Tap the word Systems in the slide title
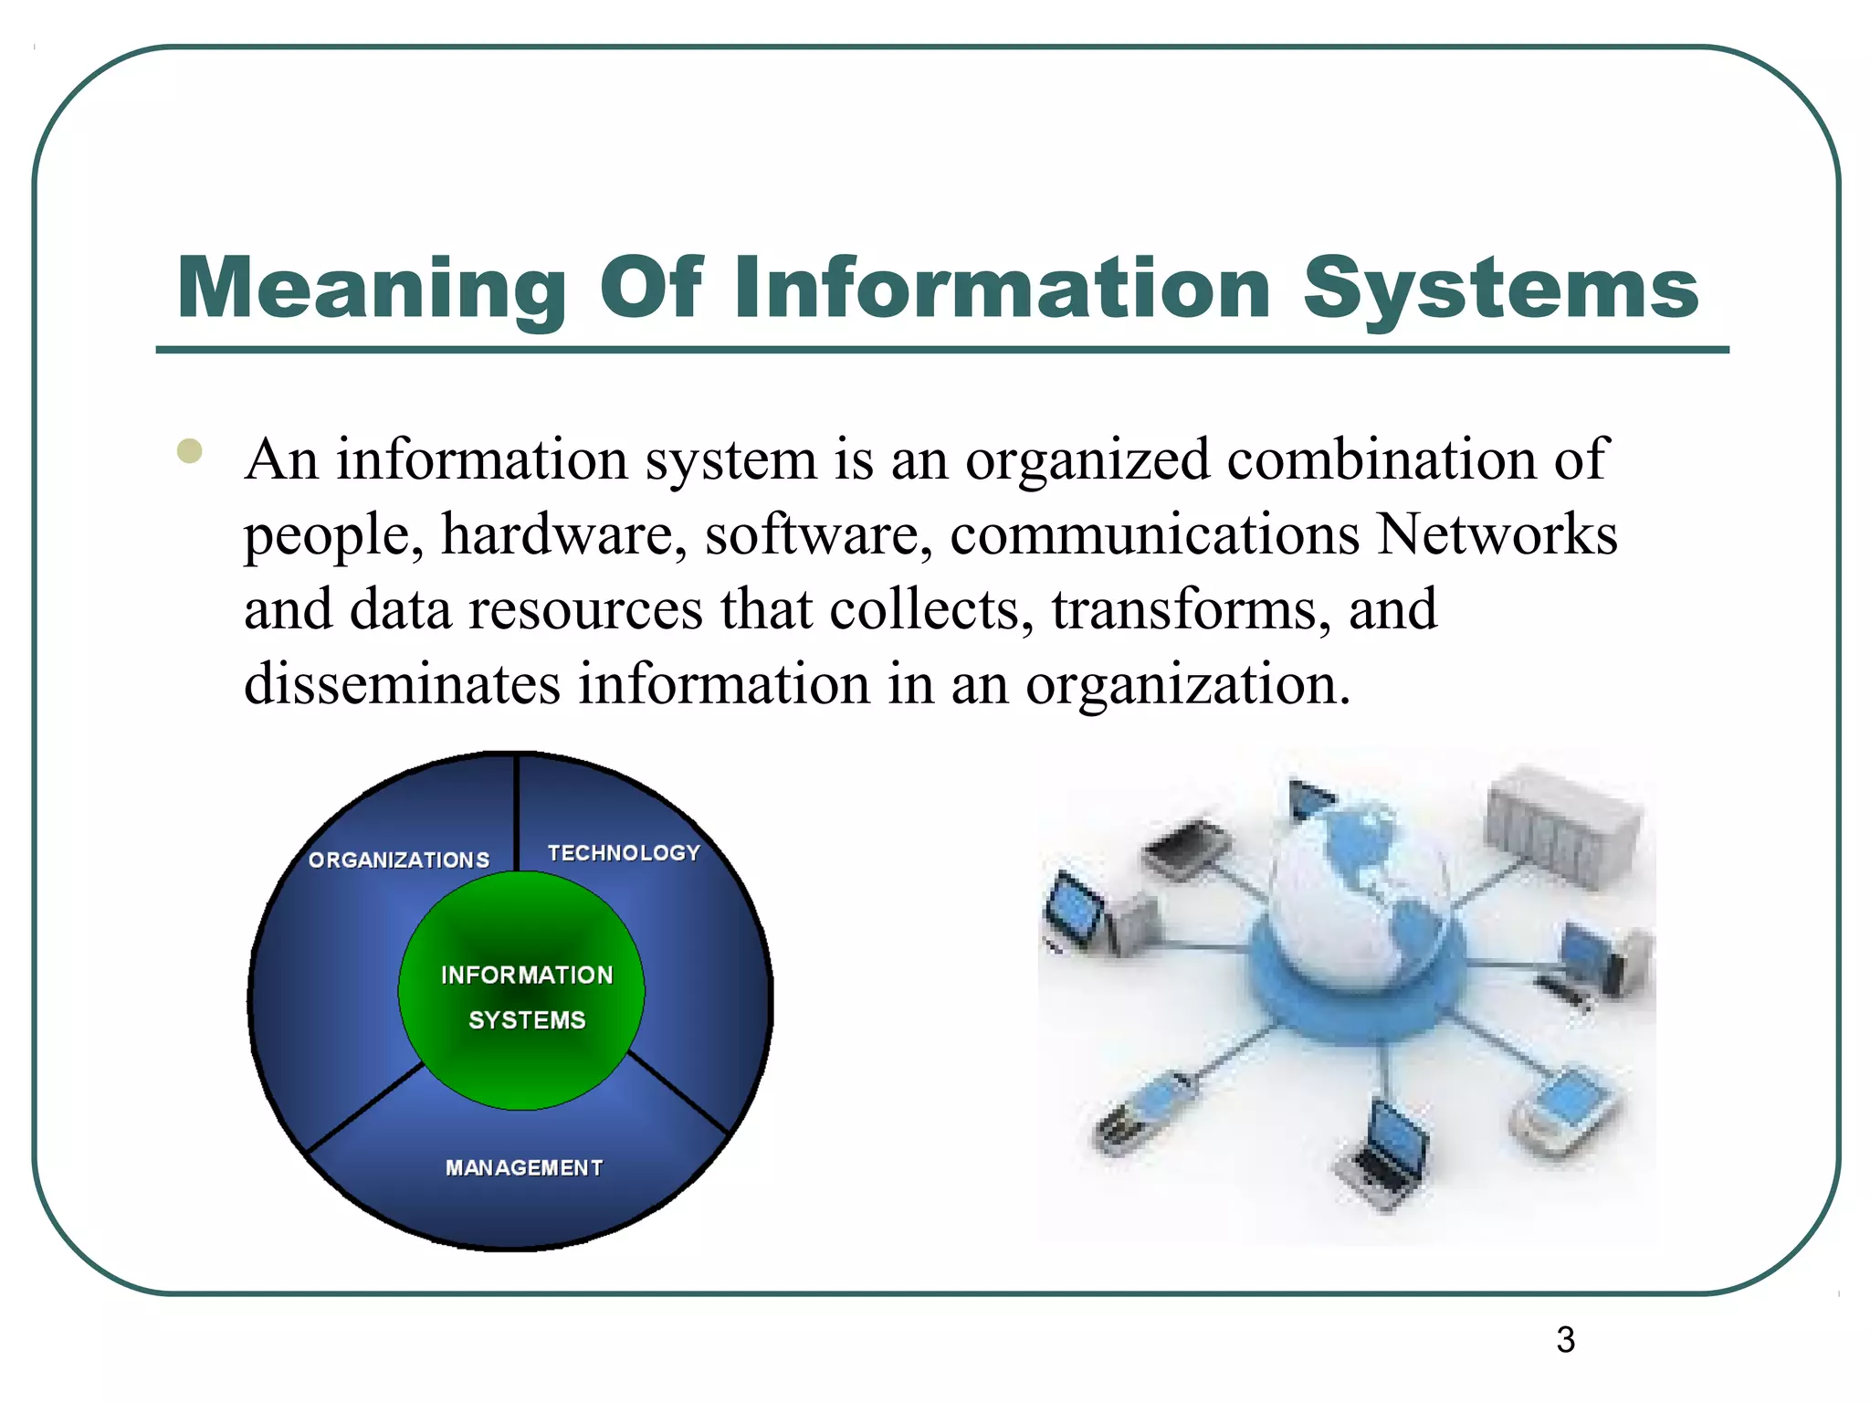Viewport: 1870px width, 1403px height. [x=1499, y=290]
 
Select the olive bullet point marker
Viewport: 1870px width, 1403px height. [x=190, y=451]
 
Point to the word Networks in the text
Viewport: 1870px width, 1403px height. [x=1497, y=534]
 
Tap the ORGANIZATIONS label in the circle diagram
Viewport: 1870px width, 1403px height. [x=399, y=860]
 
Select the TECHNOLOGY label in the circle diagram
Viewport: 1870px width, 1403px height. [x=624, y=853]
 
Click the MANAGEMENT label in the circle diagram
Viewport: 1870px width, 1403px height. [x=524, y=1167]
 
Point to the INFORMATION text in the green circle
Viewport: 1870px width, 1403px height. [x=527, y=976]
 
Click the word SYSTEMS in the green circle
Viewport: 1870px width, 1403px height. [x=527, y=1020]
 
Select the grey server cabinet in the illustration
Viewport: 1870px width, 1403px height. [x=1562, y=827]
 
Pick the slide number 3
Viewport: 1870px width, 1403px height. [x=1565, y=1340]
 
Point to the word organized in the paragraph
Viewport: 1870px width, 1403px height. [x=1087, y=459]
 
